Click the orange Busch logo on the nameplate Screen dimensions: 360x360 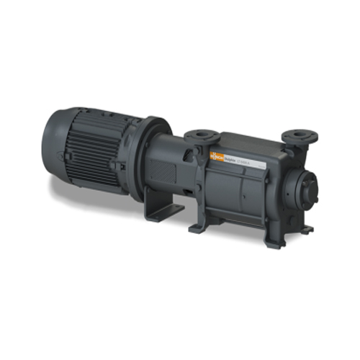[215, 154]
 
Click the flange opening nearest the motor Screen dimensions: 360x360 [198, 134]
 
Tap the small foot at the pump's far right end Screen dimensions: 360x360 [307, 229]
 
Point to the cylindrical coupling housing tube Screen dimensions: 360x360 [173, 155]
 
